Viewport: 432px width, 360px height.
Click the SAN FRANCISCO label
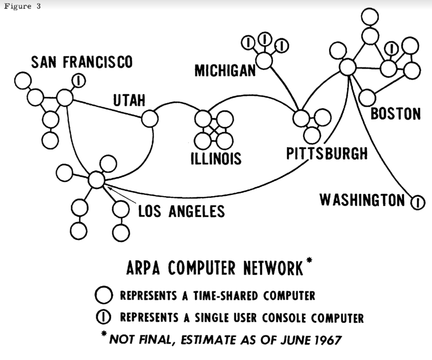point(82,62)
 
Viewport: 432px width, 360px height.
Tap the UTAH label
point(129,100)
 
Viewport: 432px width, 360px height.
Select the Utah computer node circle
point(150,118)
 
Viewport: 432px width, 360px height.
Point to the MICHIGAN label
point(225,71)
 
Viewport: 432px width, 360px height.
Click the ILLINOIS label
point(216,159)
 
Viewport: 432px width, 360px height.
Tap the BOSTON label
point(396,114)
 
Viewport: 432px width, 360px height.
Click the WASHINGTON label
point(362,200)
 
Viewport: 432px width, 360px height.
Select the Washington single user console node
point(417,202)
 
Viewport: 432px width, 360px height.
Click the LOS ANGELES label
point(182,211)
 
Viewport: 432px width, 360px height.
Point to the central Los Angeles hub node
point(96,180)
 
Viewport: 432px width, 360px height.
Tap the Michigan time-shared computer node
point(264,60)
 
